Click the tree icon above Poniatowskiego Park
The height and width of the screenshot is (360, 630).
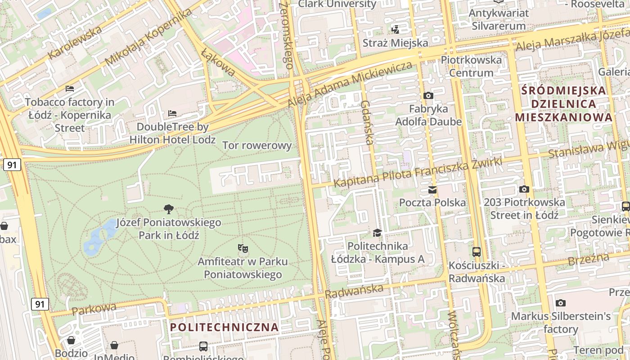(x=169, y=209)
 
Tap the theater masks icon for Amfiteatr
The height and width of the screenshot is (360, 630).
(x=243, y=248)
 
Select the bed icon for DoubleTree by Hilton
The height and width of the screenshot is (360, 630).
(x=172, y=113)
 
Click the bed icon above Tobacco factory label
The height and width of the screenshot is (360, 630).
(x=69, y=88)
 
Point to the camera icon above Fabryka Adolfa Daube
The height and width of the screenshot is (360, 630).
(x=428, y=95)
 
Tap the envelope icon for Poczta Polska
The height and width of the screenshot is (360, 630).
(x=432, y=189)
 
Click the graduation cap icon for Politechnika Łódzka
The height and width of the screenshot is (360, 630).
(x=377, y=233)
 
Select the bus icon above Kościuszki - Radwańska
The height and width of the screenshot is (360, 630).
(x=477, y=252)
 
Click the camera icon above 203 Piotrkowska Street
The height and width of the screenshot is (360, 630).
(x=524, y=189)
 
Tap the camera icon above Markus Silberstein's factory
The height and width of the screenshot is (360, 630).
(x=561, y=303)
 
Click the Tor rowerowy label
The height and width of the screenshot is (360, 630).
(x=257, y=145)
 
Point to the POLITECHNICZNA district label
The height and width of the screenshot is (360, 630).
(x=225, y=327)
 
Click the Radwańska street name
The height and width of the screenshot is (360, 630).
(x=354, y=291)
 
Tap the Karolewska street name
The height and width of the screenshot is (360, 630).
(x=75, y=43)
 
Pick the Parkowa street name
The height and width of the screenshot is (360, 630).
(x=94, y=309)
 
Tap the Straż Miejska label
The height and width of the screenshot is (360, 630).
(x=395, y=43)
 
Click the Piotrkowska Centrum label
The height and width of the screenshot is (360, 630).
(x=471, y=66)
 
